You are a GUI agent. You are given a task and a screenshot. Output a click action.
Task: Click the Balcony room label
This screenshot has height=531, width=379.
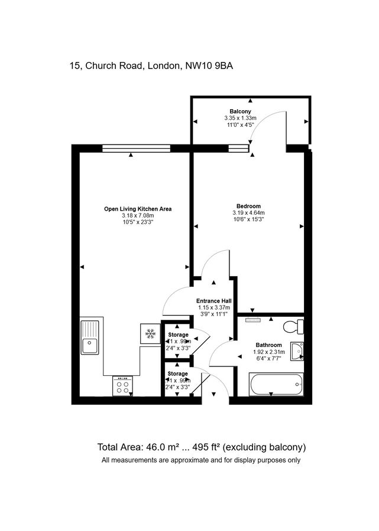tap(241, 112)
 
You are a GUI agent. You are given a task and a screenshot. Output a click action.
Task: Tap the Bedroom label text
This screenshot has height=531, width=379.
tap(248, 206)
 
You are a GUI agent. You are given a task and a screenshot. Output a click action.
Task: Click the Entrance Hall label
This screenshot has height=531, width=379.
tap(213, 301)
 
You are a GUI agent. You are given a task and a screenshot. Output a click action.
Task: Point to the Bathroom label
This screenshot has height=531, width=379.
tap(269, 345)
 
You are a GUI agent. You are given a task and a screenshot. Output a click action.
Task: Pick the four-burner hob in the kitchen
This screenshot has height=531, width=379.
tap(124, 386)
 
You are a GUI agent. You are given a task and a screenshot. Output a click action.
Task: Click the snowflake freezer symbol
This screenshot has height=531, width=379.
tap(150, 334)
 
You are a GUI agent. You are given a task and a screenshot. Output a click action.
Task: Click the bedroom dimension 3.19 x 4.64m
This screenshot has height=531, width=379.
tap(248, 213)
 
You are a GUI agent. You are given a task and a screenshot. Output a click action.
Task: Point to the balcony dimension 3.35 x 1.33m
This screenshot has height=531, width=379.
tap(241, 118)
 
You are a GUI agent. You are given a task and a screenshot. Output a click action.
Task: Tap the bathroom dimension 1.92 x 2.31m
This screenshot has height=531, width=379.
tap(270, 352)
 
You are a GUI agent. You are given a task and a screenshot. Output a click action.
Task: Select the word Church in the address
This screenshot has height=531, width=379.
tap(104, 66)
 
